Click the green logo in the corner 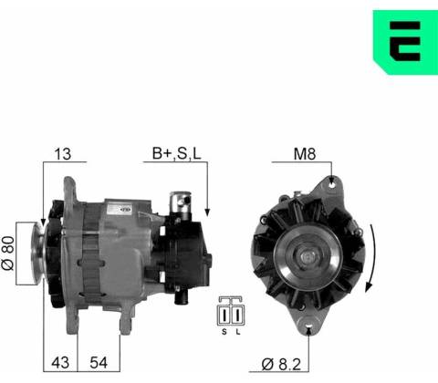pos(406,42)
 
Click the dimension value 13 pos(63,154)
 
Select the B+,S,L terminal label pos(176,153)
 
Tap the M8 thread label pos(305,154)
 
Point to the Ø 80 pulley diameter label pos(8,254)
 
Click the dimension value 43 pos(60,363)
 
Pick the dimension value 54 pos(99,363)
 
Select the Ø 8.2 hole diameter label pos(281,364)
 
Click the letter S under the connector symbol pos(224,332)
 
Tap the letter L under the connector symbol pos(238,332)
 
